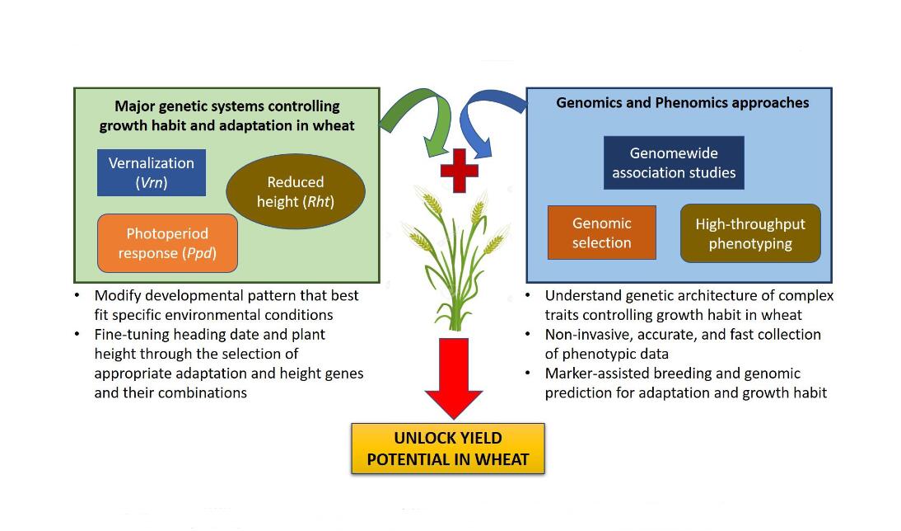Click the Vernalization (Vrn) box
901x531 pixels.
tap(152, 172)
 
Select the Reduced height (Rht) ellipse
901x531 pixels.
tap(296, 191)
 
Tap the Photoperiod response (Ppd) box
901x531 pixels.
tap(167, 243)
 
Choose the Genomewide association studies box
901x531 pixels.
tap(674, 162)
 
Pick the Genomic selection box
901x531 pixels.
tap(602, 233)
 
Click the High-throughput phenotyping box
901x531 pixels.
tap(750, 233)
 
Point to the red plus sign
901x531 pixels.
tap(460, 171)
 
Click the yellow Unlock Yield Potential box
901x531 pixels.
tap(448, 448)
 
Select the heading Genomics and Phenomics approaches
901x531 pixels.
tap(683, 103)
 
